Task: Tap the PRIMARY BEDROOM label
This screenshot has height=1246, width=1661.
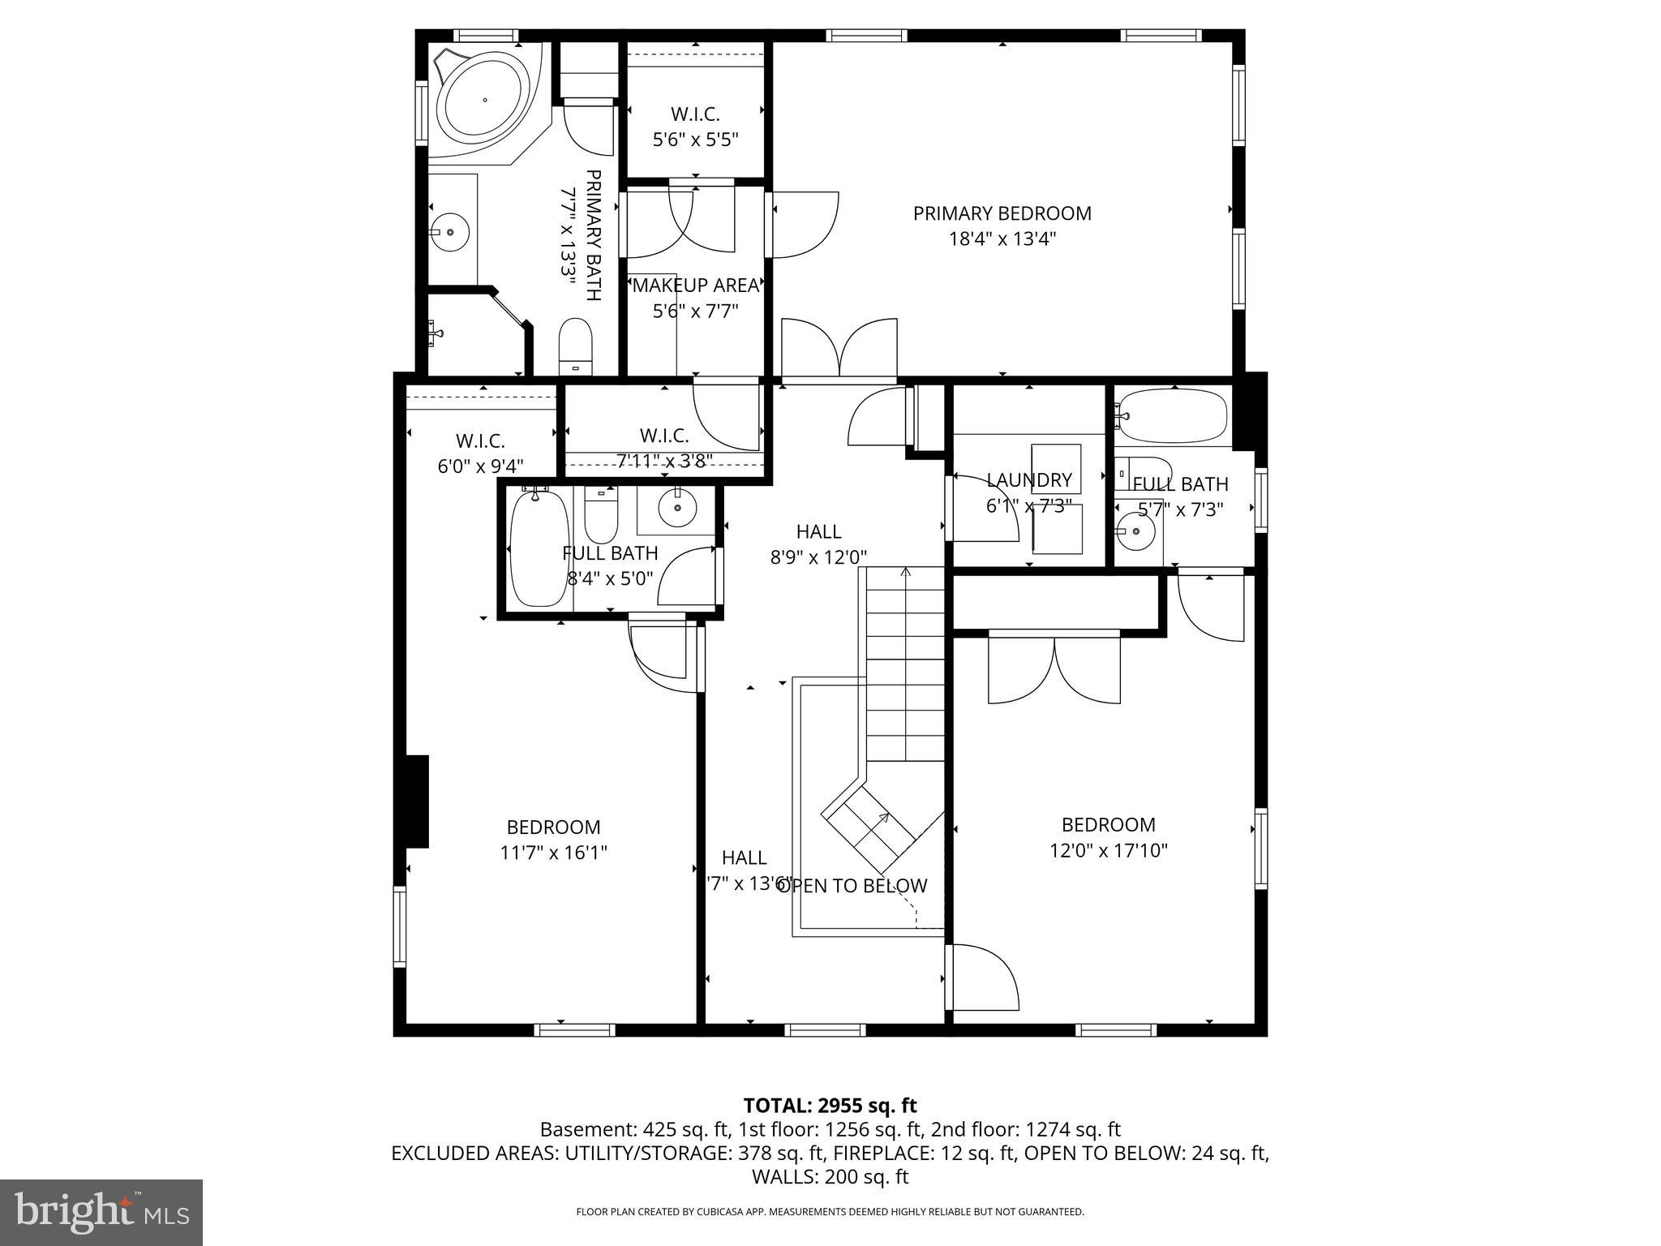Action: click(x=1002, y=213)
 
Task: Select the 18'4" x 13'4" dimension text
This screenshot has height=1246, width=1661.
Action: click(x=1002, y=239)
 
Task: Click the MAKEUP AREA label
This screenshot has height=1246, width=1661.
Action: click(x=695, y=286)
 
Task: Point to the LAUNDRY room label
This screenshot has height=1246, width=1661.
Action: click(x=1028, y=480)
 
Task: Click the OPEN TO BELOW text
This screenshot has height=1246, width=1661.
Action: click(x=852, y=886)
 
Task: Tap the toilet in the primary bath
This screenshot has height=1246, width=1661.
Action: click(x=577, y=346)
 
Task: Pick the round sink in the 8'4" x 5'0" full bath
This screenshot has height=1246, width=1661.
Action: click(x=676, y=509)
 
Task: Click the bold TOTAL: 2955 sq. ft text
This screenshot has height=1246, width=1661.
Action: click(x=830, y=1106)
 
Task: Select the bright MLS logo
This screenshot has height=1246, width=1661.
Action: click(x=101, y=1212)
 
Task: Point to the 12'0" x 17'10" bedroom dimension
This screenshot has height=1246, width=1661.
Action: click(x=1108, y=851)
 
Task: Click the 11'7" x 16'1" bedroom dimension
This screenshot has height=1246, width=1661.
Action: click(x=553, y=853)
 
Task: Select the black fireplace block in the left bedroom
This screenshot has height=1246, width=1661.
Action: click(x=416, y=801)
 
